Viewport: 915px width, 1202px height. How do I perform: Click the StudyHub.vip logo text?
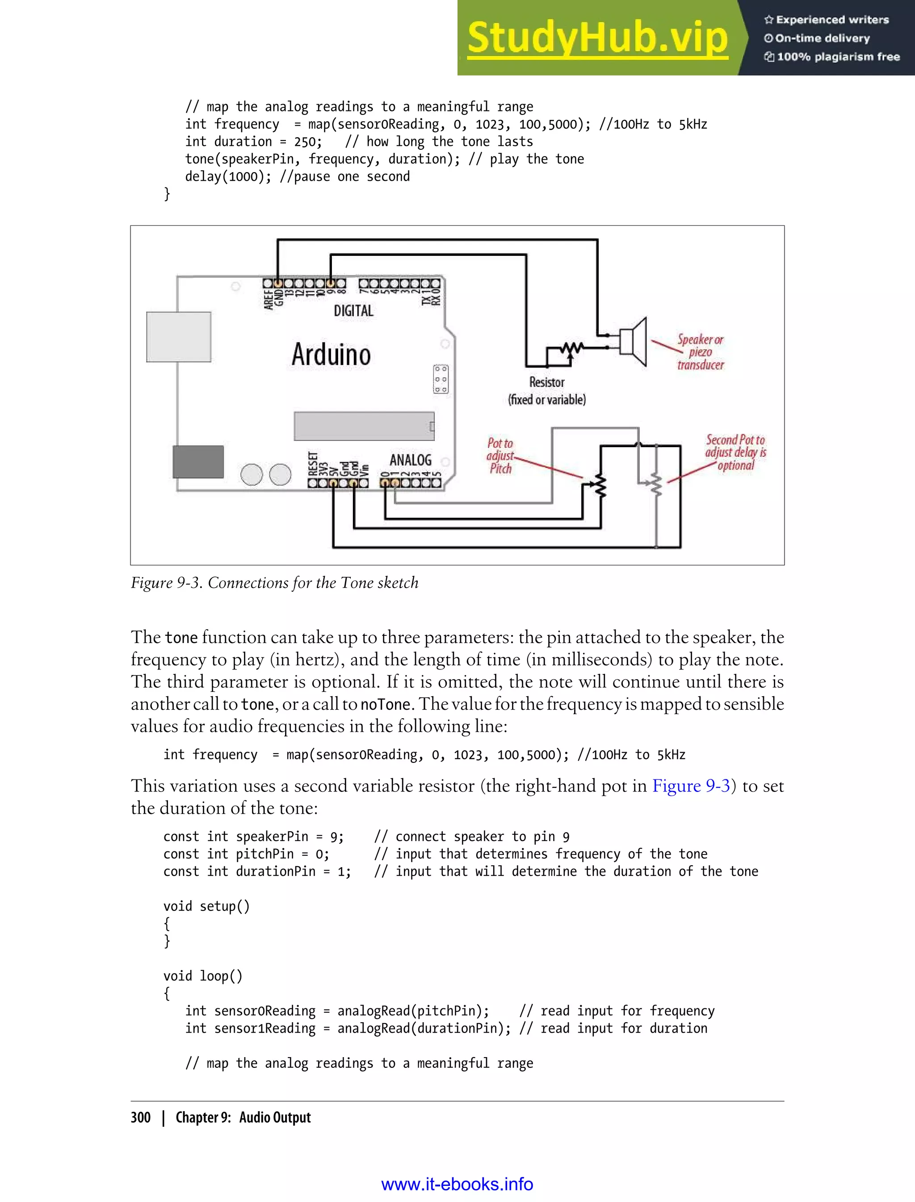(x=597, y=38)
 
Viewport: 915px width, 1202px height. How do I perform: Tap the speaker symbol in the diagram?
(x=634, y=342)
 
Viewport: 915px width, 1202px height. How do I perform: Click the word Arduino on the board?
(x=331, y=354)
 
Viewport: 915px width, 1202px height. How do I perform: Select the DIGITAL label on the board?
(x=353, y=311)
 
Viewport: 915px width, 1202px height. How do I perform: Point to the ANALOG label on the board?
(x=410, y=460)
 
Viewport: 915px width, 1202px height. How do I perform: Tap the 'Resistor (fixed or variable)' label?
(x=547, y=391)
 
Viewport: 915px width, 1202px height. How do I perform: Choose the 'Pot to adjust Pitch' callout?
(x=500, y=456)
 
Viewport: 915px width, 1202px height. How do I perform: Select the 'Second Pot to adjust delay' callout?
(x=735, y=453)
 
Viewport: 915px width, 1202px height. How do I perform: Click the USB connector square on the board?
(x=179, y=337)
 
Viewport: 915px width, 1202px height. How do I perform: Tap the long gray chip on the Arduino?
(x=364, y=426)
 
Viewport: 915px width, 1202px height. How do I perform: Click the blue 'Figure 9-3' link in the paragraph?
(x=691, y=786)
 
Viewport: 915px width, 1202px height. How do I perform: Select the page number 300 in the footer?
(x=141, y=1118)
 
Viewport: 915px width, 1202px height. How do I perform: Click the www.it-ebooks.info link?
(x=457, y=1185)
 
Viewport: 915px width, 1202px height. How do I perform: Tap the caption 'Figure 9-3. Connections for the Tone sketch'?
(x=274, y=583)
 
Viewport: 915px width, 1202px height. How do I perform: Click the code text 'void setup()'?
(x=206, y=906)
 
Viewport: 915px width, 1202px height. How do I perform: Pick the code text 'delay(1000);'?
(x=228, y=177)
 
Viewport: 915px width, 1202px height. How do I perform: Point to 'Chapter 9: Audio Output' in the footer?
(x=243, y=1118)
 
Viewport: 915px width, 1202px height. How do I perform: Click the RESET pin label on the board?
(x=313, y=464)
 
